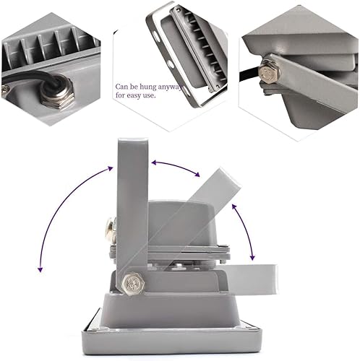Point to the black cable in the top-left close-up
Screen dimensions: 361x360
22,75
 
